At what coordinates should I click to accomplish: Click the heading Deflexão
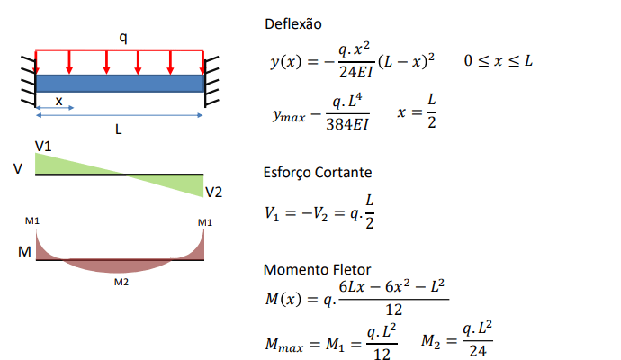tap(293, 22)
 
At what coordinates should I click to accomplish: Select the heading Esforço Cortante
tap(317, 173)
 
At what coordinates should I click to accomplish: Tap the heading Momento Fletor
tap(310, 270)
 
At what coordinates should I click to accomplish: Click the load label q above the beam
tap(123, 37)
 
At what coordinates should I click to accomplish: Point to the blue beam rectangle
tap(120, 83)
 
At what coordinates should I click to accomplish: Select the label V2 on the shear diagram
tap(213, 192)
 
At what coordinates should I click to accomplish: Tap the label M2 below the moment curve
tap(121, 282)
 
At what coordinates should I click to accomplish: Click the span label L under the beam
tap(119, 129)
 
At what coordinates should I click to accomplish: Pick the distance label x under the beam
tap(59, 102)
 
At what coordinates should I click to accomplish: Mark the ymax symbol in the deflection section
tap(289, 115)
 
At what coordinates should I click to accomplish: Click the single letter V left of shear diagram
tap(17, 168)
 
